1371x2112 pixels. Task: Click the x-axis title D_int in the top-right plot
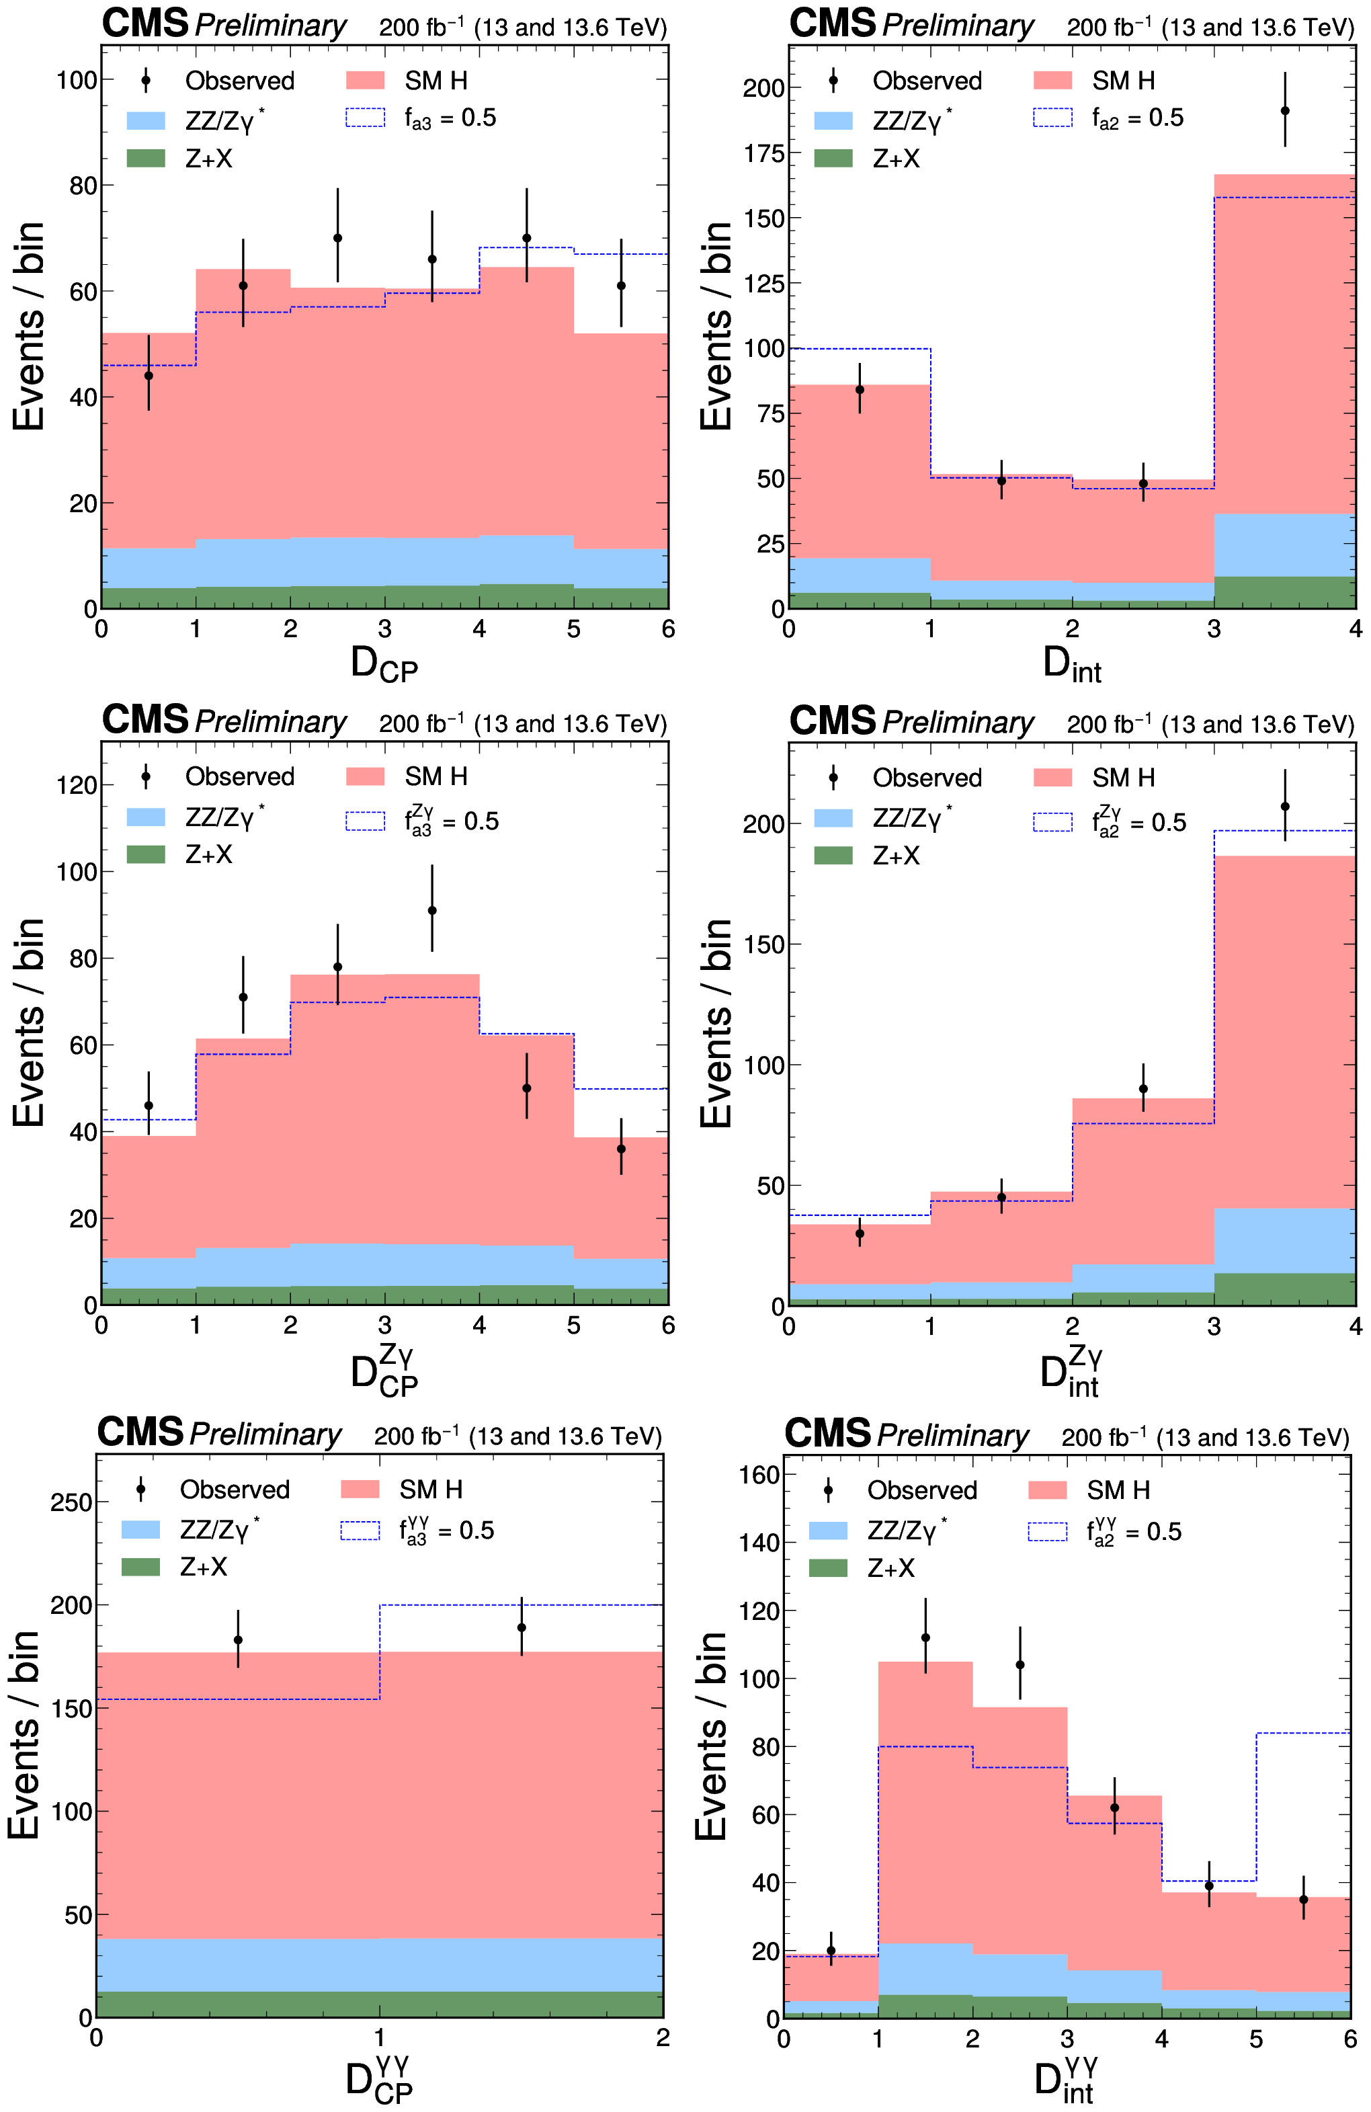coord(1072,665)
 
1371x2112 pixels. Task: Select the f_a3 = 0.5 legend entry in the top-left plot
coord(421,118)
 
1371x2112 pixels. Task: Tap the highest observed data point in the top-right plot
coord(1285,111)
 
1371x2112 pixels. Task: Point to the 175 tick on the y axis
coord(763,153)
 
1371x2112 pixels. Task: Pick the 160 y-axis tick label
coord(759,1475)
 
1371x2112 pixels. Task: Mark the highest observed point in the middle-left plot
coord(432,910)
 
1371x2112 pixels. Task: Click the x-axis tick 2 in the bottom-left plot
coord(662,2037)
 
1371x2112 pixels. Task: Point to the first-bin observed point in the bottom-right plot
coord(831,1951)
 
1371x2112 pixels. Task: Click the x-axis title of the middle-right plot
coord(1071,1371)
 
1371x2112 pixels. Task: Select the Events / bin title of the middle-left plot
coord(28,1022)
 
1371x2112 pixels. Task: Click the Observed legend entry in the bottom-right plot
coord(901,1490)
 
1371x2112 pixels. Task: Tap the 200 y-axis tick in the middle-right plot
coord(763,823)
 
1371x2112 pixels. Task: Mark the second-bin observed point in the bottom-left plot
coord(522,1627)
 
